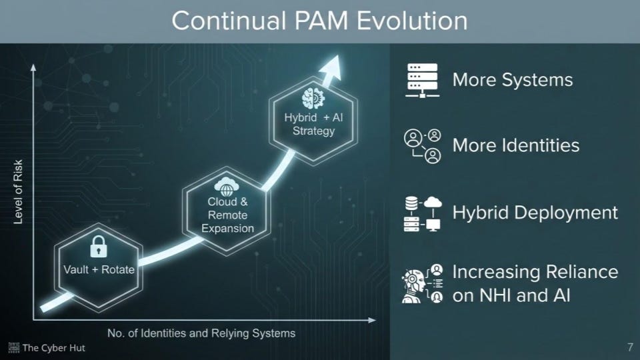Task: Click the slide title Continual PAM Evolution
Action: coord(319,21)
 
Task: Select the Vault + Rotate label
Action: coord(99,270)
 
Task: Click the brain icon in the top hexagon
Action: coord(312,99)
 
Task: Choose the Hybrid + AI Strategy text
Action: coord(313,124)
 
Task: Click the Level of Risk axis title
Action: coord(18,191)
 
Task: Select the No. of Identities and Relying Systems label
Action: coord(201,333)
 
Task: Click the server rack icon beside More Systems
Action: coord(422,81)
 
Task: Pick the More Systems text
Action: coord(512,80)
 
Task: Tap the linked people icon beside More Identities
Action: coord(423,147)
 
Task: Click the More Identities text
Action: coord(515,145)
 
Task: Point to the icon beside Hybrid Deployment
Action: coord(423,213)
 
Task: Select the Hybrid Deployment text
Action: coord(535,213)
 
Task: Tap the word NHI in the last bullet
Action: coord(493,295)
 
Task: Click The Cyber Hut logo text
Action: coord(53,348)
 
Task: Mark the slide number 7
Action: coord(630,347)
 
